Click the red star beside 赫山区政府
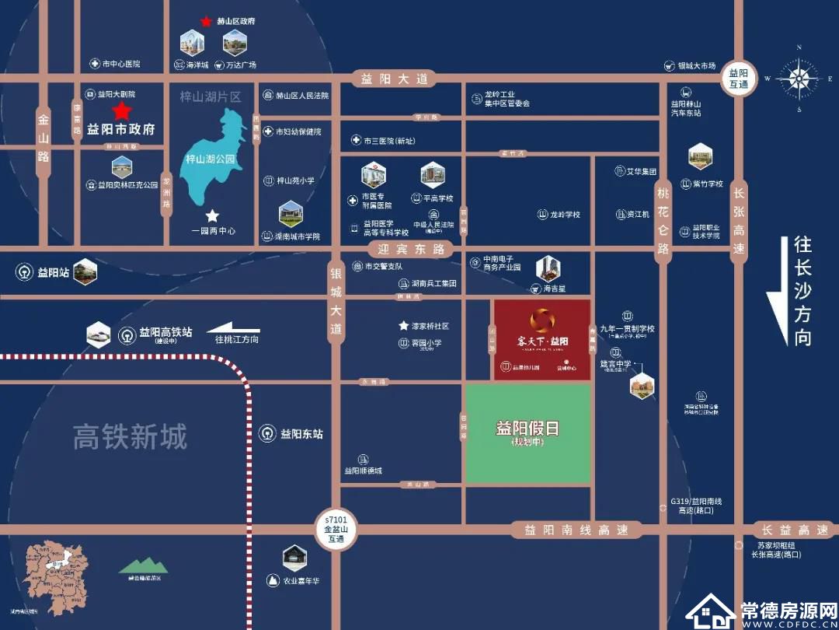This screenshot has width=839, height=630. [206, 22]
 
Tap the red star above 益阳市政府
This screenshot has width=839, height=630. [121, 110]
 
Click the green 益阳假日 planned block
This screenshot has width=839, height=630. [527, 434]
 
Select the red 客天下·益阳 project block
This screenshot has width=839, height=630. [542, 339]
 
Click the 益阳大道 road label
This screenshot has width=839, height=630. [395, 79]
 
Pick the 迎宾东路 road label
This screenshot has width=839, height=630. [411, 250]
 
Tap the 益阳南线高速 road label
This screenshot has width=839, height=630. [576, 530]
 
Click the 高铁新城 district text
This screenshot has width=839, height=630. [130, 437]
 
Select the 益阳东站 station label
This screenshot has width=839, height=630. [301, 434]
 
